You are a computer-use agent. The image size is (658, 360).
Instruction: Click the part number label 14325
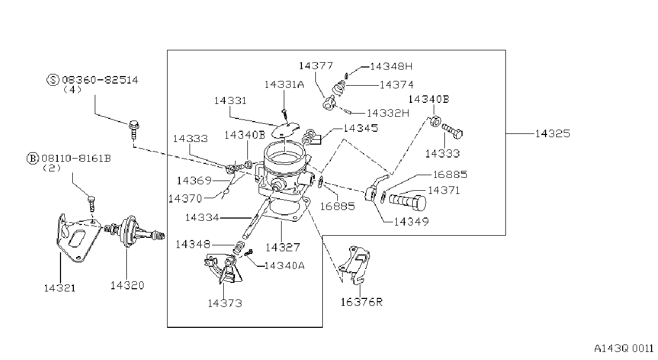point(553,134)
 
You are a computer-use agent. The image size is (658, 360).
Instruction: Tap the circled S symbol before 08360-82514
point(53,80)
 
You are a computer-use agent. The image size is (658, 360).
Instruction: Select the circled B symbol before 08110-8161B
point(33,159)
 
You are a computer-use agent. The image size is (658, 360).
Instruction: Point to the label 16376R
point(361,302)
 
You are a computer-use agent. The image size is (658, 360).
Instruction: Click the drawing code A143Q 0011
point(624,349)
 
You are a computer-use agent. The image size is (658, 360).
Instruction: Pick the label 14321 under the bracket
point(59,288)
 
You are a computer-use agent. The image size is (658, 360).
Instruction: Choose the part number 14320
point(127,286)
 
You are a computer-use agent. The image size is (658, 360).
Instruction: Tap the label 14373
point(225,303)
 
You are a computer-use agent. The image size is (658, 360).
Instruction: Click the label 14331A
point(284,85)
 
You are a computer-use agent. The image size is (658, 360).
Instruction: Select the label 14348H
point(391,66)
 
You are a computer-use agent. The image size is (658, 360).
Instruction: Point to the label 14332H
point(388,113)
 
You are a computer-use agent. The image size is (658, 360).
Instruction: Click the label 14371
point(443,190)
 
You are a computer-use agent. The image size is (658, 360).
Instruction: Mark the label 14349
point(411,222)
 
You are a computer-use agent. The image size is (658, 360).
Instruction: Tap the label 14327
point(283,247)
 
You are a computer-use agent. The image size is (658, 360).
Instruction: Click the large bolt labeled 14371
point(407,202)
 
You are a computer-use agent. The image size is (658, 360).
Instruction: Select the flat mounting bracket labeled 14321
point(78,238)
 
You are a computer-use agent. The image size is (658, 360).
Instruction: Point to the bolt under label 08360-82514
point(134,130)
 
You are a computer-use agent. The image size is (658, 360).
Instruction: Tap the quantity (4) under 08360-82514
point(72,89)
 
